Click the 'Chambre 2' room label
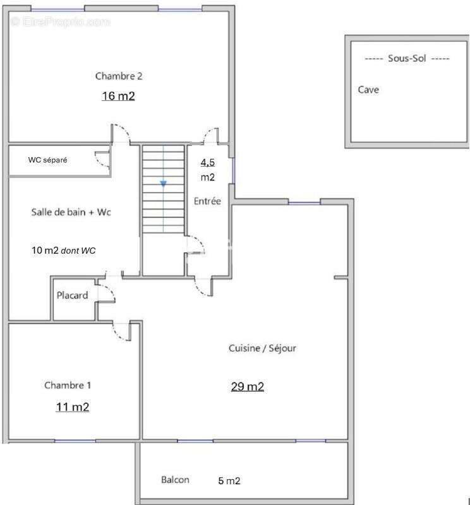pos(118,76)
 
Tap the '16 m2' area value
pos(118,97)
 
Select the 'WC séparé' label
pos(47,160)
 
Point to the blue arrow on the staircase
pos(163,184)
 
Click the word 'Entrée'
pos(207,202)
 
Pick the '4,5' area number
pos(207,162)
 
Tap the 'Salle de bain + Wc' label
pos(71,213)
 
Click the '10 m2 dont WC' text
pos(64,251)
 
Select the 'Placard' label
pos(72,295)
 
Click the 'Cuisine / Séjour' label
pos(262,348)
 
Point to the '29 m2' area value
pos(247,387)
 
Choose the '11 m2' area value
pos(72,407)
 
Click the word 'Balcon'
pos(175,480)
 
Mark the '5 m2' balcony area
pos(229,482)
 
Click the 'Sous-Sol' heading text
pos(407,59)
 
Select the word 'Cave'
pos(368,90)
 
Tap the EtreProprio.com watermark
pos(60,22)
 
